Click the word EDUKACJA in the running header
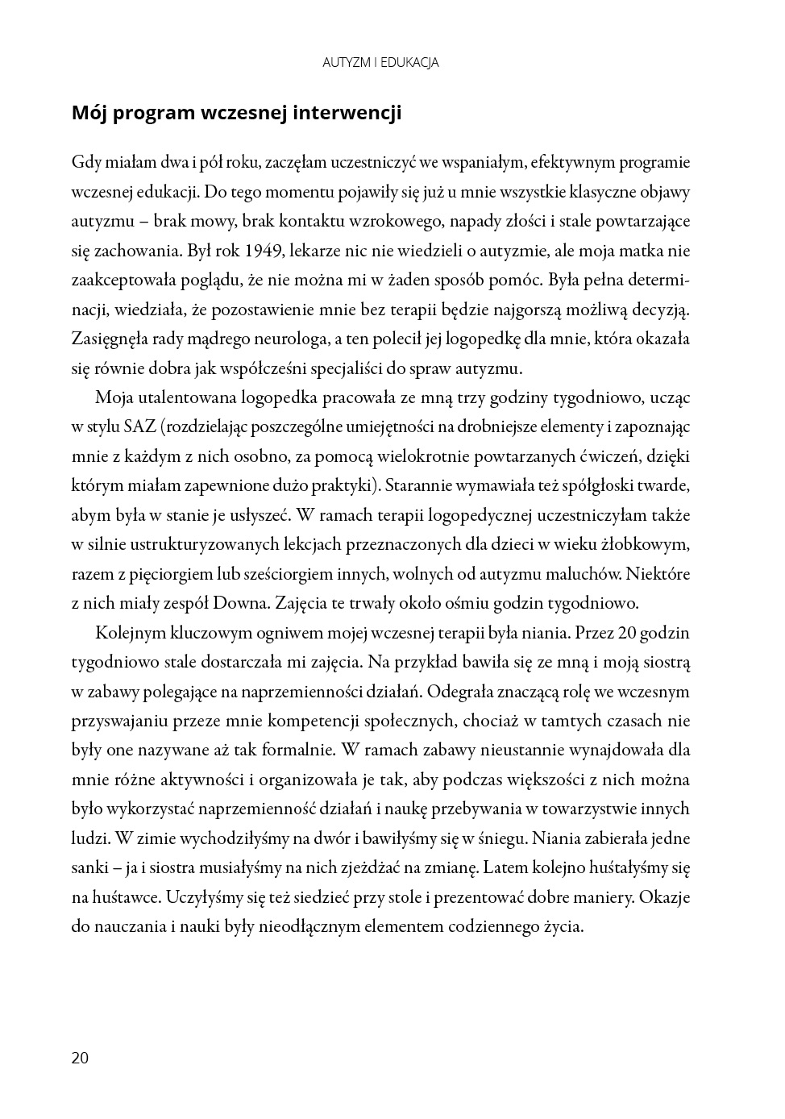(409, 62)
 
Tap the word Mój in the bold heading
(89, 113)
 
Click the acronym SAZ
(139, 426)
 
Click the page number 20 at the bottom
(80, 1058)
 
